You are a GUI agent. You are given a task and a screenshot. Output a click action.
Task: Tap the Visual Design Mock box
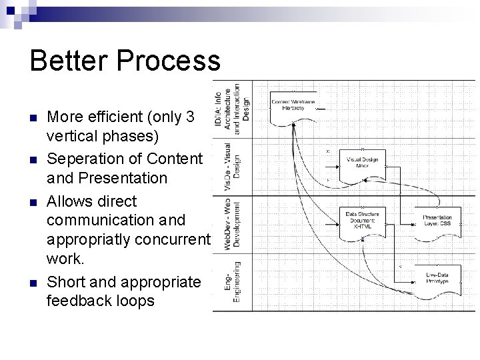click(x=362, y=163)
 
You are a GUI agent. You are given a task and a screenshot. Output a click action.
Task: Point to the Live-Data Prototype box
click(x=437, y=278)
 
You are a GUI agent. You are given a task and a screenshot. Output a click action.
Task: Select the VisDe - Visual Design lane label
click(x=231, y=166)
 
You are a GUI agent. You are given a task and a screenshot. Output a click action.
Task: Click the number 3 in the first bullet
click(x=191, y=117)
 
